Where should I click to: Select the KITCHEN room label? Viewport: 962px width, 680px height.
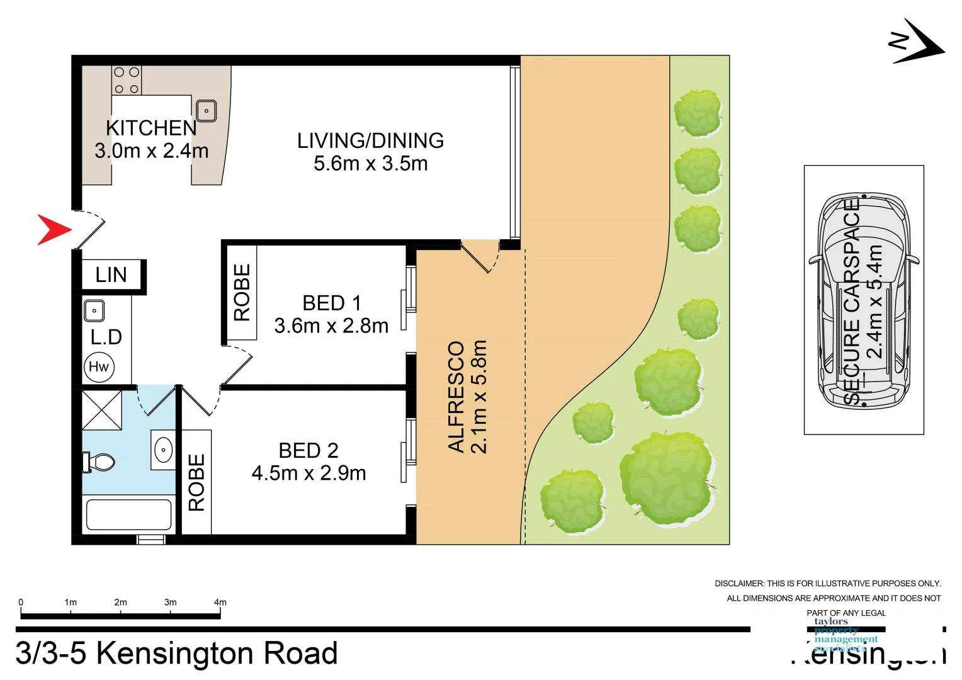[151, 128]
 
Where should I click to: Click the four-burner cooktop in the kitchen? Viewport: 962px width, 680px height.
[127, 81]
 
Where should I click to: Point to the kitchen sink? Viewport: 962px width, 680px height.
[207, 111]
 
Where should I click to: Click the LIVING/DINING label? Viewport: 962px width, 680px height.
[370, 140]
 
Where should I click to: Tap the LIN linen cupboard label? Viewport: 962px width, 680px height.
[111, 275]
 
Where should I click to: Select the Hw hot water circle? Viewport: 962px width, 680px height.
[99, 367]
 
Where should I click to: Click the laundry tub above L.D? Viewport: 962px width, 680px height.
[94, 310]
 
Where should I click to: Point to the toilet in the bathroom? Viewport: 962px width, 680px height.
[99, 463]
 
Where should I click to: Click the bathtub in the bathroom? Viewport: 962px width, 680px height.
[129, 514]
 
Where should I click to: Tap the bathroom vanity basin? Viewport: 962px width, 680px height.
[163, 450]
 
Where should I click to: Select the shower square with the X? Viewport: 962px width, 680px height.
[102, 410]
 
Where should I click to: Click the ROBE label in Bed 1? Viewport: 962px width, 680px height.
[242, 292]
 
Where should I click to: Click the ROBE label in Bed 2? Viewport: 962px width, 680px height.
[196, 482]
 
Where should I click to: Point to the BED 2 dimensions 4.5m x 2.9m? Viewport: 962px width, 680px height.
[308, 473]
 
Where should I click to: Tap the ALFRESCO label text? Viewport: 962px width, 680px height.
[456, 397]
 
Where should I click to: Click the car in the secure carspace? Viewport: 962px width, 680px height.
[864, 301]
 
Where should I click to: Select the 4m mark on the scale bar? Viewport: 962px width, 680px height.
[220, 603]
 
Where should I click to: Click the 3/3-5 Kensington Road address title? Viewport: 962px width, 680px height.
[177, 653]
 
